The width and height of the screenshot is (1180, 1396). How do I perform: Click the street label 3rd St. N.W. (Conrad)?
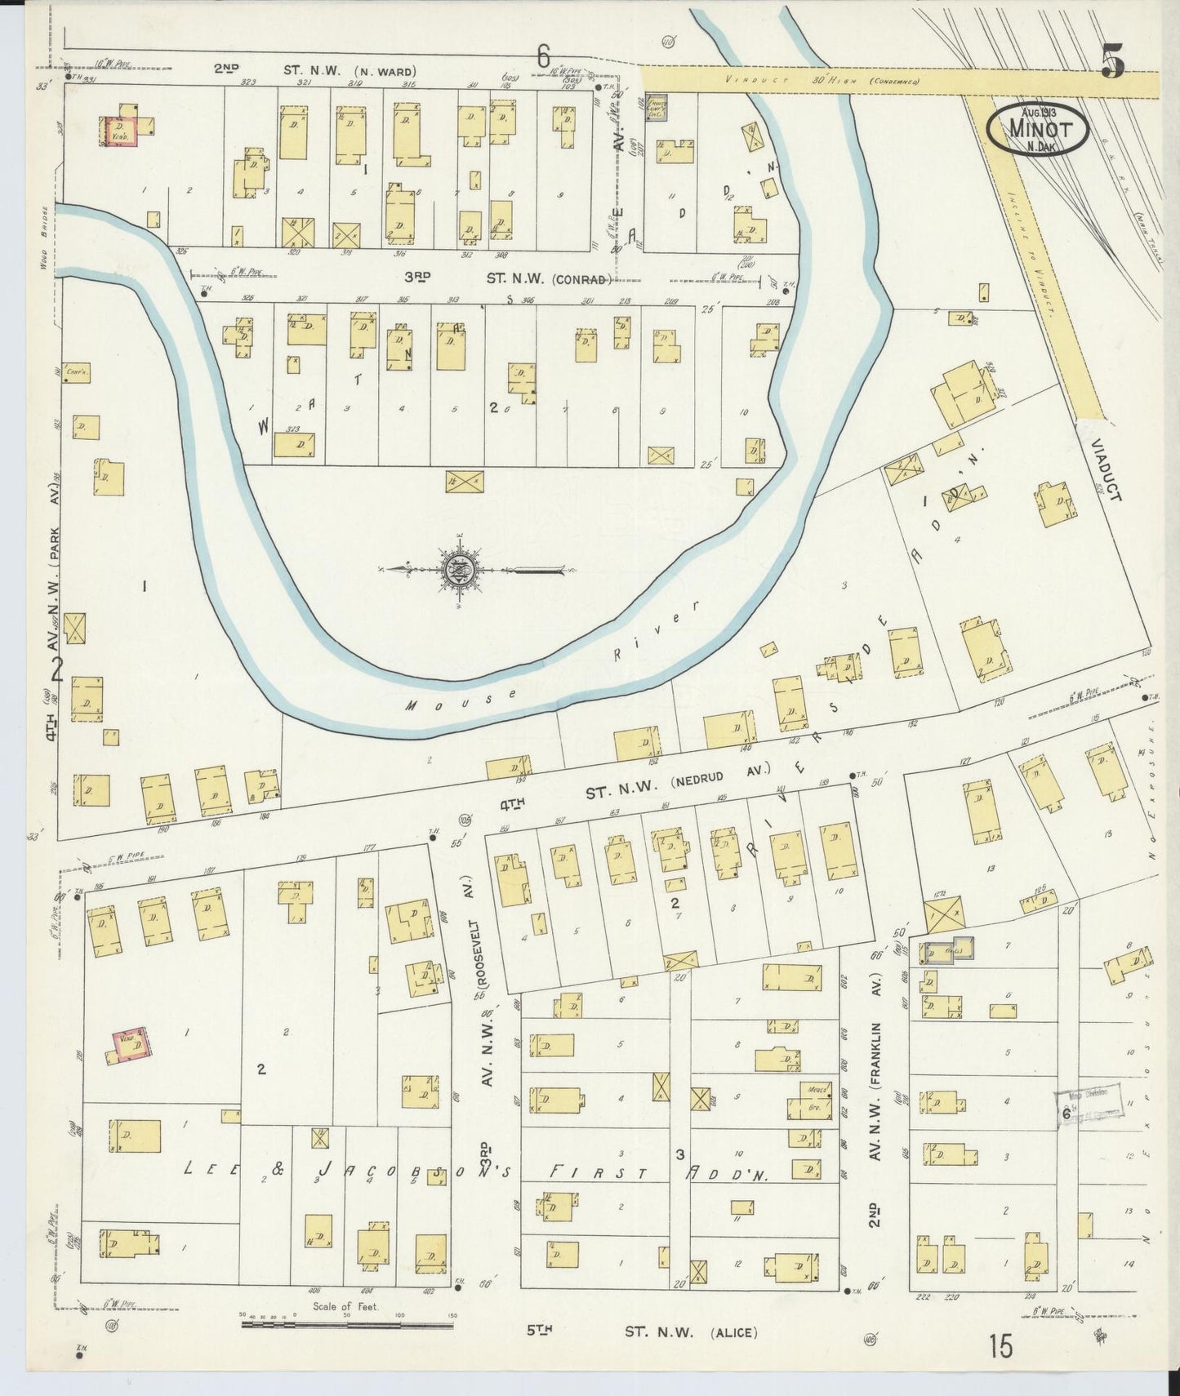(x=506, y=278)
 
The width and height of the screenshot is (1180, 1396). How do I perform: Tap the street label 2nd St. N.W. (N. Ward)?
(x=314, y=70)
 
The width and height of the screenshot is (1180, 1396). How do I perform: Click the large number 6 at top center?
(x=543, y=57)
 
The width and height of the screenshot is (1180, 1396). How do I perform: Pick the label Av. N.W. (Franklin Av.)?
(x=874, y=1102)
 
